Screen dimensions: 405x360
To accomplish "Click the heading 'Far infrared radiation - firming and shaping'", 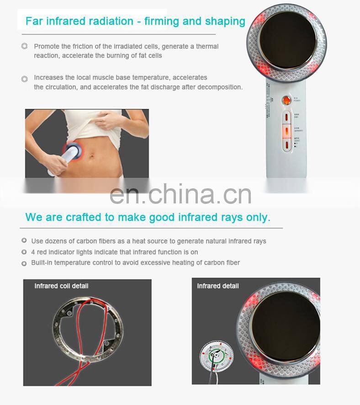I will pyautogui.click(x=135, y=21).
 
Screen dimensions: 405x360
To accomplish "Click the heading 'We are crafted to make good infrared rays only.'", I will pyautogui.click(x=148, y=217).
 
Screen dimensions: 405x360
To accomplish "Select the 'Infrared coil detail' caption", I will pyautogui.click(x=61, y=286).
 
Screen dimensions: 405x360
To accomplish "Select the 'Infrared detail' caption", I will pyautogui.click(x=218, y=286).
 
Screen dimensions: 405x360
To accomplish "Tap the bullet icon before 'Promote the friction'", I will pyautogui.click(x=25, y=46).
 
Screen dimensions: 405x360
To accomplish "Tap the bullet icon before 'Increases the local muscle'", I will pyautogui.click(x=25, y=79).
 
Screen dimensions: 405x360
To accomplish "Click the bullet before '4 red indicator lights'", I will pyautogui.click(x=24, y=252).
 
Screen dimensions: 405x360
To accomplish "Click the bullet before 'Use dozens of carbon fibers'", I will pyautogui.click(x=24, y=241).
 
